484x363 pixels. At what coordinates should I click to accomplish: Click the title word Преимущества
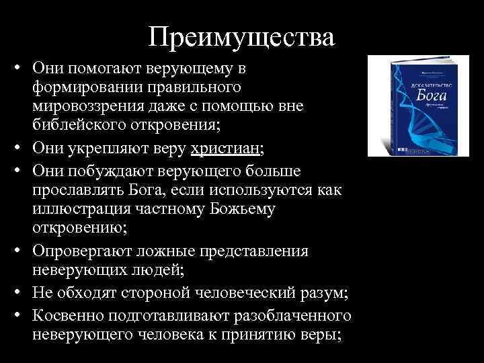(x=241, y=36)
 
